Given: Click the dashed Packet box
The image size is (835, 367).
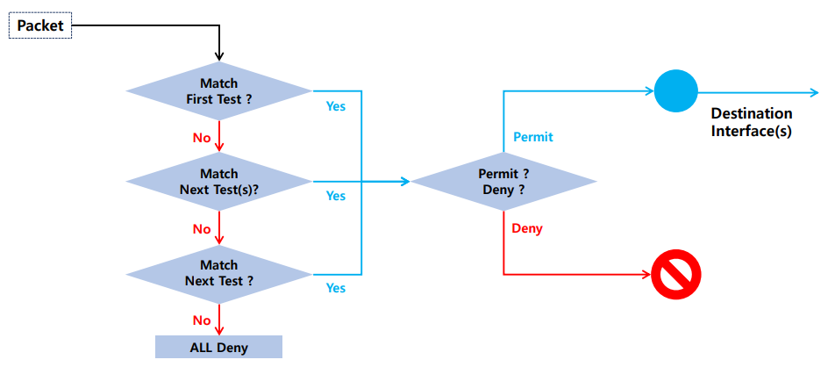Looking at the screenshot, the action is point(40,25).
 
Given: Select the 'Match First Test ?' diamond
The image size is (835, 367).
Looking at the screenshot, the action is point(219,90).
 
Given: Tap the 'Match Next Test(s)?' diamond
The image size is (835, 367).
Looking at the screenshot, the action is point(219,182).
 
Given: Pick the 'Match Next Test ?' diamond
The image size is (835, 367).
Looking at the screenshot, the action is point(219,274).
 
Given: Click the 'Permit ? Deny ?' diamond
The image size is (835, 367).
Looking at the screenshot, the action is point(503,182).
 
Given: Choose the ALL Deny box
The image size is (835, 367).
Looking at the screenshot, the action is point(219,348).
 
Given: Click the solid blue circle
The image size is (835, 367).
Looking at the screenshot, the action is point(675,91).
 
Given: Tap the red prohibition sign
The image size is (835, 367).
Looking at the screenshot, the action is point(676,276).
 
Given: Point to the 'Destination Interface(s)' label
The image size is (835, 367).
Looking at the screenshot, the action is point(752,122).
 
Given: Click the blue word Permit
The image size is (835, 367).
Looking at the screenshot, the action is point(533,137).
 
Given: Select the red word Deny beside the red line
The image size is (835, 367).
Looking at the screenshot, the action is point(527,229).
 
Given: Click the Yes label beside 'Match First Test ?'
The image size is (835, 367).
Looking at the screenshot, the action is point(335,106).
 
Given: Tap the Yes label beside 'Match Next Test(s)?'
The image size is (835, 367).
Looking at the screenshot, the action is point(335,196).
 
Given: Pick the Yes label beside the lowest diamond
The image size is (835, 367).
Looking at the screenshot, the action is point(335,288).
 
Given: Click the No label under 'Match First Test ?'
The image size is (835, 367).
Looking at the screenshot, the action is point(202,138).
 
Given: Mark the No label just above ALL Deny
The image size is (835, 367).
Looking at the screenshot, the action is point(202,320).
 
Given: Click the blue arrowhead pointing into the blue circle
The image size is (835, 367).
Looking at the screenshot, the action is point(650,91).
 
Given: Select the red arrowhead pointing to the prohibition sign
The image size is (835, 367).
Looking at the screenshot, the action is point(647,276).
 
